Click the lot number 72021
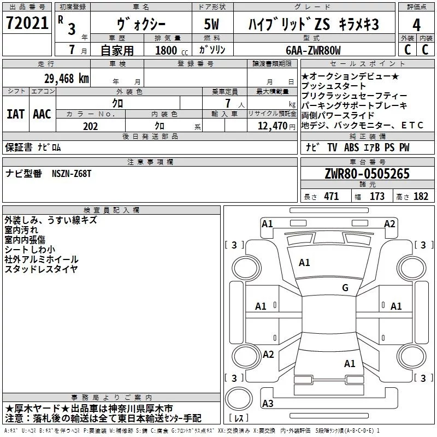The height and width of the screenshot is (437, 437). click(27, 23)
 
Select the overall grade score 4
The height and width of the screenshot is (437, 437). click(416, 25)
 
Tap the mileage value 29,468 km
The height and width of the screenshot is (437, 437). click(66, 79)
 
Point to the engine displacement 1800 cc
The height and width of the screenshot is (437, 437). click(172, 50)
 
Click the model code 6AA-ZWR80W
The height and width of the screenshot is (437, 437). click(313, 50)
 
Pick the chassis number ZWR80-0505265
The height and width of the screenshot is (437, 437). click(367, 173)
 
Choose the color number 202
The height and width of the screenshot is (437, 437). click(90, 126)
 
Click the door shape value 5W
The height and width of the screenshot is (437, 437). click(211, 24)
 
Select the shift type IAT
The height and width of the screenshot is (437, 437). click(15, 114)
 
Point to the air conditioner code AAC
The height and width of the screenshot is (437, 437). click(42, 114)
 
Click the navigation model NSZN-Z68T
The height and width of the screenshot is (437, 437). click(72, 174)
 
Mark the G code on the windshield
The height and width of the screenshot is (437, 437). click(345, 287)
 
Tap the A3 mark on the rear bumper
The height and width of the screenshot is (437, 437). click(268, 403)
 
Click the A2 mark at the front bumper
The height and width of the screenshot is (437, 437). click(389, 224)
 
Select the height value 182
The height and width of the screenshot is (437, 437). click(421, 196)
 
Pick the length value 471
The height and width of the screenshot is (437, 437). click(332, 196)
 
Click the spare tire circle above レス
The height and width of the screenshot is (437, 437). click(239, 398)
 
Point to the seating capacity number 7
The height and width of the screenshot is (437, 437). click(228, 103)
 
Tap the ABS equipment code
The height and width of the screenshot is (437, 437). click(351, 147)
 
